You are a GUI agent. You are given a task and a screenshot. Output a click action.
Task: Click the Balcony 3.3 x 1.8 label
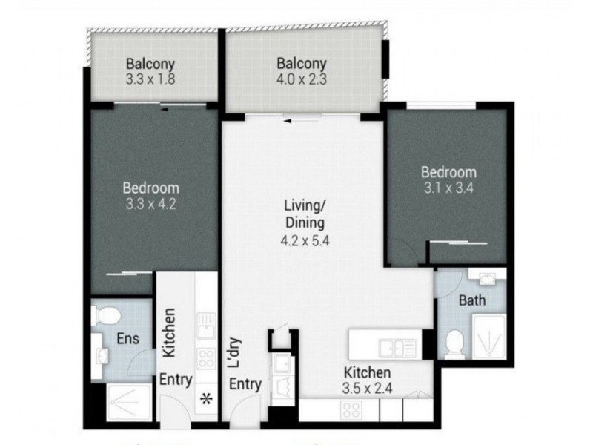[x=150, y=70]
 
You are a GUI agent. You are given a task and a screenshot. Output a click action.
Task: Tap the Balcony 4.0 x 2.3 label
[x=302, y=70]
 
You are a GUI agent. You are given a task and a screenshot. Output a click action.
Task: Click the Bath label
[x=472, y=301]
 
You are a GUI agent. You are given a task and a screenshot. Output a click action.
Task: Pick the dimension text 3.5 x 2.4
[x=368, y=387]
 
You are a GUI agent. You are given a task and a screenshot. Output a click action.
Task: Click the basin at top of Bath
[x=486, y=280]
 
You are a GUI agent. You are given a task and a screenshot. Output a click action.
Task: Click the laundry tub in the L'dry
[x=281, y=389]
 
